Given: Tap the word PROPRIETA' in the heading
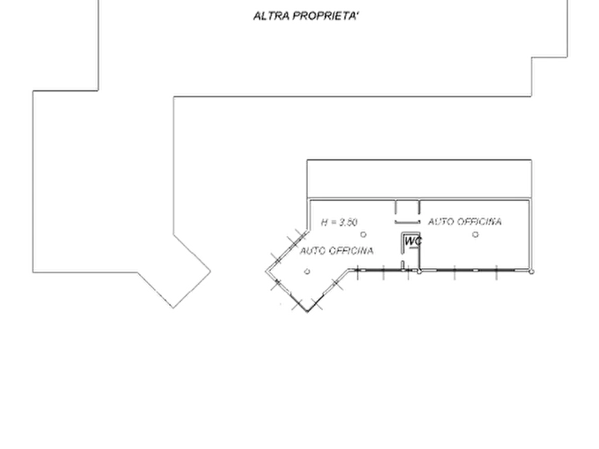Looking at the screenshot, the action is pos(327,16).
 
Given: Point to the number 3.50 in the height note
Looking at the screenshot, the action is pos(347,222).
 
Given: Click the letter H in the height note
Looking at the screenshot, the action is pos(325,222).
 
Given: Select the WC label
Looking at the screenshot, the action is pos(413,241).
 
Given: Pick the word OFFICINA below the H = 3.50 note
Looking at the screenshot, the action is pos(351,251).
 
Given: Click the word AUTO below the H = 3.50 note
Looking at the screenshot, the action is pos(313,251).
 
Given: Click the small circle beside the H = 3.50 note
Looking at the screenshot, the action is pos(364,235).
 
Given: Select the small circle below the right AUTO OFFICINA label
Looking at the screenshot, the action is pos(475,235).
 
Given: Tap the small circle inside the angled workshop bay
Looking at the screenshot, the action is pos(307,271).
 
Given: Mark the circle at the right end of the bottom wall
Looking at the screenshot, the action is pos(531,271).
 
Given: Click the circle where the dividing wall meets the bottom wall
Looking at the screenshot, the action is pos(419,271).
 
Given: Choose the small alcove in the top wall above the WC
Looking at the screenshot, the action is pos(407,208).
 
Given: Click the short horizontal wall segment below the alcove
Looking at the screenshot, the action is pos(407,222).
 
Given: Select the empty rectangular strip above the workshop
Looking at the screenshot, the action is pos(419,179).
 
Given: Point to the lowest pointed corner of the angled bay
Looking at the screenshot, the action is pos(307,312).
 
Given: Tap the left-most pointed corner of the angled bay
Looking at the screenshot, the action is pos(266,271).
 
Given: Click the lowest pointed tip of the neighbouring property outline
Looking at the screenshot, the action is pos(173,308).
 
